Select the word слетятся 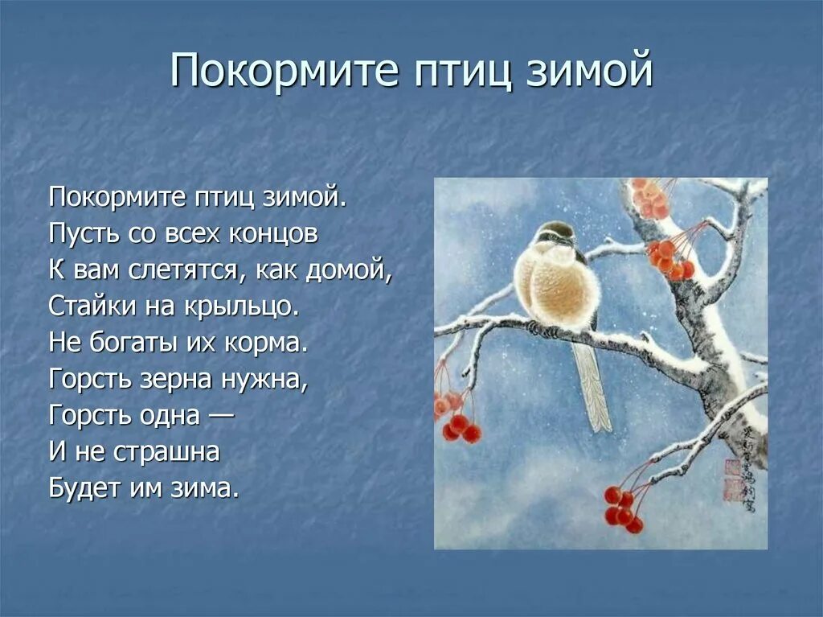pyautogui.click(x=183, y=269)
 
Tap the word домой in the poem pyautogui.click(x=348, y=269)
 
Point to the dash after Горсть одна pyautogui.click(x=222, y=416)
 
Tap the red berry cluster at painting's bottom pyautogui.click(x=624, y=508)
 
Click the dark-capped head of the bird pyautogui.click(x=557, y=234)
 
